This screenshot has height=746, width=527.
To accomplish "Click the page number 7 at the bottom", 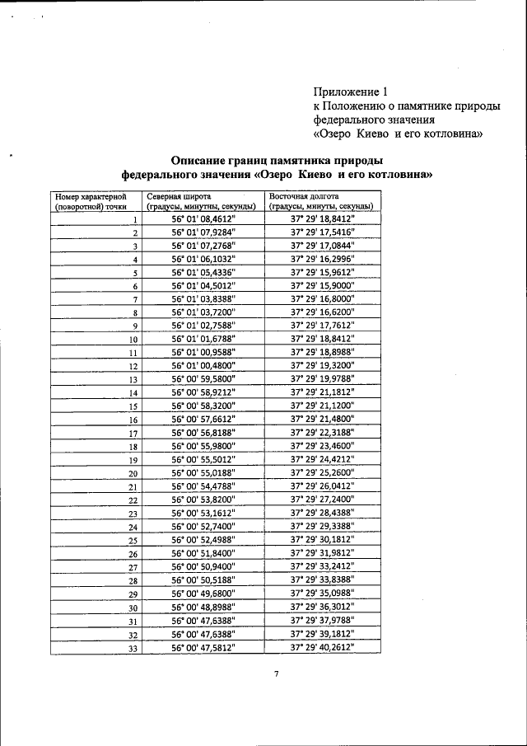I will [277, 674].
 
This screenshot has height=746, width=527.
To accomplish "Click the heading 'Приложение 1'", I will [350, 91].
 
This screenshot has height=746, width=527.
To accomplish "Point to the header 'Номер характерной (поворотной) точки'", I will [89, 201].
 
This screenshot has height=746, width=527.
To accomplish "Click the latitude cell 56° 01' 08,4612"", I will [203, 220].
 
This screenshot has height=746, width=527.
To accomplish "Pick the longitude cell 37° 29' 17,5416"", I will [322, 233].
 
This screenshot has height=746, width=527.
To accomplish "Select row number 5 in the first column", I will [133, 273].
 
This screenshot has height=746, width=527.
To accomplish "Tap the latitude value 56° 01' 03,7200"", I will [203, 312].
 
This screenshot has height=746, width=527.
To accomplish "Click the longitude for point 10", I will [322, 339].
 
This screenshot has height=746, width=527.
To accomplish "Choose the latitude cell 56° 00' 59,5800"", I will [203, 379].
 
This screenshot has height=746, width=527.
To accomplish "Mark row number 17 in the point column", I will [132, 433].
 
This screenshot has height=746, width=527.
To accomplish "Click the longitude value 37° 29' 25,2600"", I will [322, 472].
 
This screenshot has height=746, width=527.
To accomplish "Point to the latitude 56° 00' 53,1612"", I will [203, 513].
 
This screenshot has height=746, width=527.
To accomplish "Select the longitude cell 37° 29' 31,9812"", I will [322, 553].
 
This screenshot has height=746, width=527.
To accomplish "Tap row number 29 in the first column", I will [132, 594].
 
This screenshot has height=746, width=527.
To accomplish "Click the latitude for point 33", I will [203, 647].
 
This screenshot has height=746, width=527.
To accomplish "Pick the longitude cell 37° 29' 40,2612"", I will [322, 647].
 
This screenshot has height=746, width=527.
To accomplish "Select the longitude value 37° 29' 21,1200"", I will [322, 406].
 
